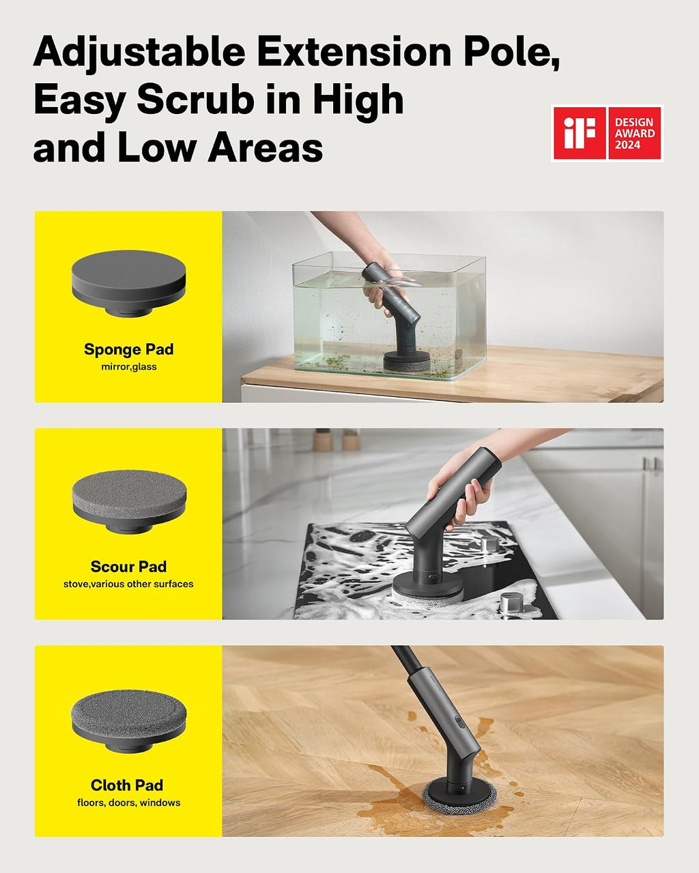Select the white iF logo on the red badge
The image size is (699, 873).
pyautogui.click(x=580, y=133)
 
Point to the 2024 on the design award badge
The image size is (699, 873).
pyautogui.click(x=627, y=145)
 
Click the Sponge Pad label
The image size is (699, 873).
pyautogui.click(x=129, y=349)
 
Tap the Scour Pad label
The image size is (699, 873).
pyautogui.click(x=129, y=566)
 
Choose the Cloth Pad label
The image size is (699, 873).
pyautogui.click(x=127, y=784)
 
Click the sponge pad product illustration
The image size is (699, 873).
pyautogui.click(x=129, y=284)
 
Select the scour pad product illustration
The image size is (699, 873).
pyautogui.click(x=129, y=501)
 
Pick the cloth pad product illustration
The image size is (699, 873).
pyautogui.click(x=129, y=719)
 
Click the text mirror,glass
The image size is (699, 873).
pyautogui.click(x=129, y=367)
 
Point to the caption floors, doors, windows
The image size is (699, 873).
pyautogui.click(x=129, y=803)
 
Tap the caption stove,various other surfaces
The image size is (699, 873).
pyautogui.click(x=128, y=584)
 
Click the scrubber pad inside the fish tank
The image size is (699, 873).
pyautogui.click(x=407, y=361)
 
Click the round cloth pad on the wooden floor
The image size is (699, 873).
pyautogui.click(x=459, y=794)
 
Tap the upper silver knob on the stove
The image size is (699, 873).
pyautogui.click(x=490, y=543)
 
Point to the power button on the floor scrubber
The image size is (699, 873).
pyautogui.click(x=459, y=722)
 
